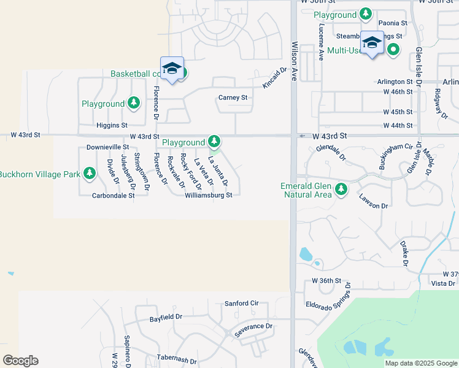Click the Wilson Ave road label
point(295,62)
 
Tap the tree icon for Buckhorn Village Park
point(90,174)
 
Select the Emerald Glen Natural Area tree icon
point(341,190)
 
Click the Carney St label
point(233,98)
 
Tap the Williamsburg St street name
point(209,196)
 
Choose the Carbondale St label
point(113,196)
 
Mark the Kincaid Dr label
point(274,78)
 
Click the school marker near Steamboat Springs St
point(372,42)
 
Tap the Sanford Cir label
point(242,303)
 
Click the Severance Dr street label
point(253,326)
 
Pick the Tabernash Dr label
point(176,361)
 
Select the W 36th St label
point(326,280)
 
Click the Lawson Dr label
point(374,202)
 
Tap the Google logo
point(20,361)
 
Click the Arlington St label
point(395,82)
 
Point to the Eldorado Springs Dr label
point(328,296)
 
